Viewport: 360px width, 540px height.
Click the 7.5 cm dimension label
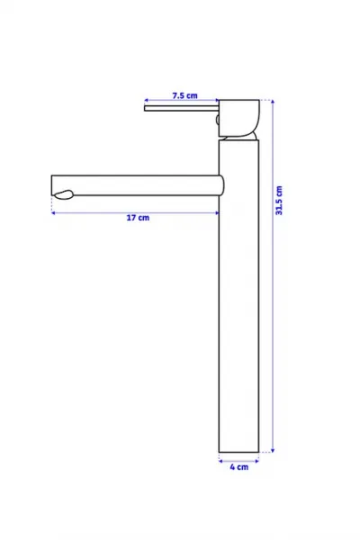tap(185, 95)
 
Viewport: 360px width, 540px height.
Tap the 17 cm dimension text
tap(138, 218)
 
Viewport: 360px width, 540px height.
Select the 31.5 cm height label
tap(279, 201)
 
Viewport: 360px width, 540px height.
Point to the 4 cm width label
tap(239, 467)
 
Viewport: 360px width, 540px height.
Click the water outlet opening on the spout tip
tap(64, 195)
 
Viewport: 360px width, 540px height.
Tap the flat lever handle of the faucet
tap(182, 109)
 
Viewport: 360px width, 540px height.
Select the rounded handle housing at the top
tap(239, 118)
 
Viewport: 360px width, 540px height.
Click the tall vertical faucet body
tap(238, 295)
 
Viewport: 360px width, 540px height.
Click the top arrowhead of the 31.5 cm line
tap(273, 102)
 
